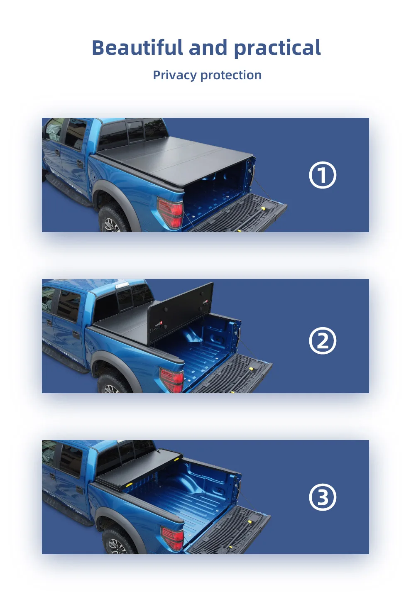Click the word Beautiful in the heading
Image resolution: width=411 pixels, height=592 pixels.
137,48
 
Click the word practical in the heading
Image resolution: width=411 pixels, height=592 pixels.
277,48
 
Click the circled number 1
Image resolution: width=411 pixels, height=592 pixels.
323,175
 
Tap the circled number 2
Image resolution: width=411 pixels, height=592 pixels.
323,341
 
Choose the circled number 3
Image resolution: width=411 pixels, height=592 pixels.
323,497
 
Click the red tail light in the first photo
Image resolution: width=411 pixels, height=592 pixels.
171,212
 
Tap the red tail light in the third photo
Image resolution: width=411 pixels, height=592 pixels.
173,538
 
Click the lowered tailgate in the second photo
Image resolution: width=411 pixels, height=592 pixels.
232,374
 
